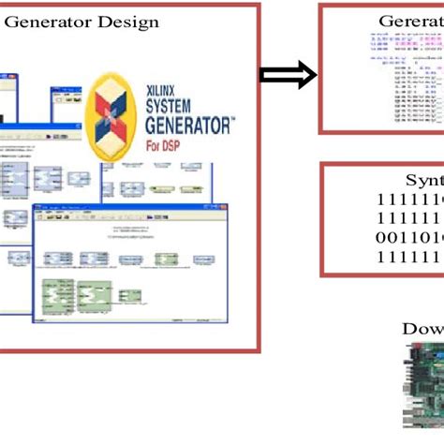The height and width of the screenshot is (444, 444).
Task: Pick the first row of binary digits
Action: coord(409,200)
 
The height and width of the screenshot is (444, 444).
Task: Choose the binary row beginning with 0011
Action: coord(409,237)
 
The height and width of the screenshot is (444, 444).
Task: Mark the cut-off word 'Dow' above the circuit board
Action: coord(422,328)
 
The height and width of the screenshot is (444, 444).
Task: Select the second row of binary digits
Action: coord(409,218)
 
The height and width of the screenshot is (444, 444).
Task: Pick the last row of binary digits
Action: coord(409,256)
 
